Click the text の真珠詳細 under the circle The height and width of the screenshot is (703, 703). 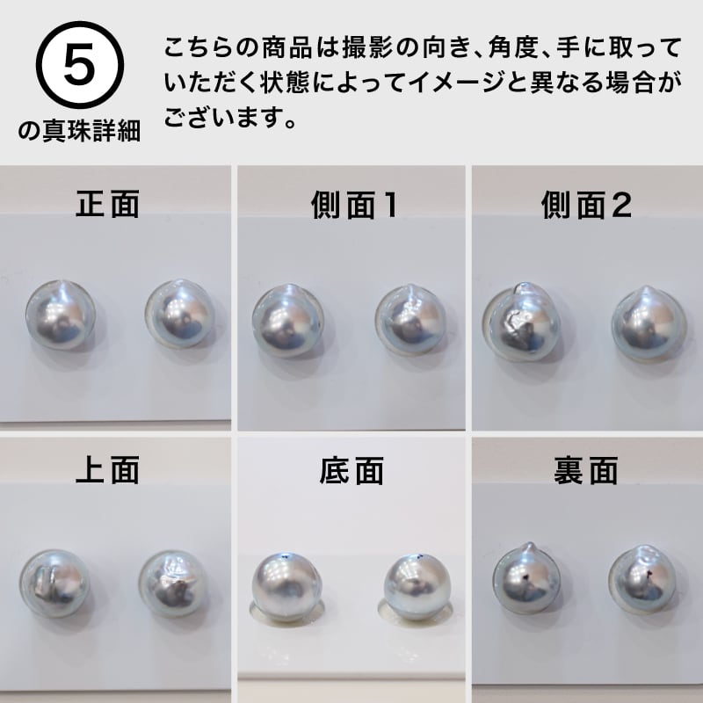coord(78,134)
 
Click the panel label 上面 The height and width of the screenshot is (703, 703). coord(108,471)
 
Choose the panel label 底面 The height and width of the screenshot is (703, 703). coord(351,471)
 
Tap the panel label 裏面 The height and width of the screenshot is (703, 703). coord(586,471)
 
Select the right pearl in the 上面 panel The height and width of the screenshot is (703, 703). coord(171,583)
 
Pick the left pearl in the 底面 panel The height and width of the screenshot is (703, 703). coord(284,588)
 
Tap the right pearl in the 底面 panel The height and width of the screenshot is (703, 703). coord(415,587)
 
